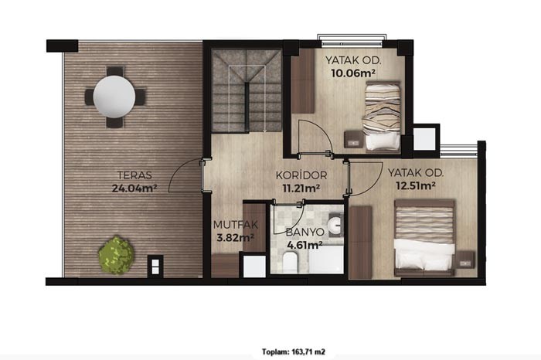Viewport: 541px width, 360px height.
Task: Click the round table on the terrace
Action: coord(114,97)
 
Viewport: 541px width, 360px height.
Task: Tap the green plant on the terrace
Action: coord(116,255)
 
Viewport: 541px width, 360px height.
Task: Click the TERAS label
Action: coord(134,175)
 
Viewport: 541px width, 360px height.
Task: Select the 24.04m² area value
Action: coord(134,188)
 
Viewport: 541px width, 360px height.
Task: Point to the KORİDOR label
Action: coord(301,175)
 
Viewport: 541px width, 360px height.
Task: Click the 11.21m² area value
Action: coord(301,188)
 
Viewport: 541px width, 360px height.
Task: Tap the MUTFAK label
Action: coord(236,225)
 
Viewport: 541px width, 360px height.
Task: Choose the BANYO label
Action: coord(305,232)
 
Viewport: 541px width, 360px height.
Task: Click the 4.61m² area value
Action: coord(305,245)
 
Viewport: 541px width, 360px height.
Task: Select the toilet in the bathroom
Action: coord(290,261)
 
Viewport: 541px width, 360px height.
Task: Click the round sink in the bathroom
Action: coord(335,226)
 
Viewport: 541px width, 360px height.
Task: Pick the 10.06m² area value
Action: coord(353,73)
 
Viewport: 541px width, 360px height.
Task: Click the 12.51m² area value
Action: coord(416,186)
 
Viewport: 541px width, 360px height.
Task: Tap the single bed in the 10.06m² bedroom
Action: coord(382,117)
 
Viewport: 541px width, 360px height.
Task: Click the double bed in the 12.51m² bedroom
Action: coord(425,238)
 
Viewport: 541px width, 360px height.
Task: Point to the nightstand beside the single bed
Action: coord(354,139)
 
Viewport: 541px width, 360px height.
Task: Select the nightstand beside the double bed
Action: coord(465,260)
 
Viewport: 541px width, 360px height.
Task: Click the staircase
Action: coord(247,91)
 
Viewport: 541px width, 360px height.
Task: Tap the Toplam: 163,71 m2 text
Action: coord(293,352)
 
